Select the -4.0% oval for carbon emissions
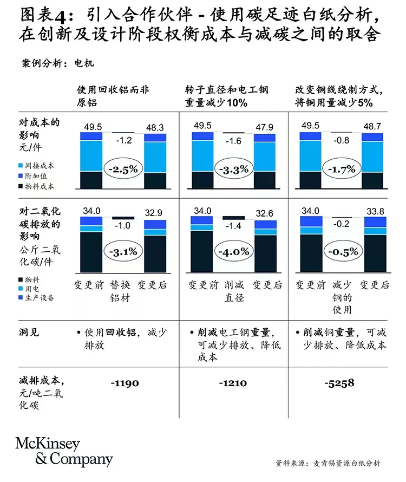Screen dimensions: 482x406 click(234, 252)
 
